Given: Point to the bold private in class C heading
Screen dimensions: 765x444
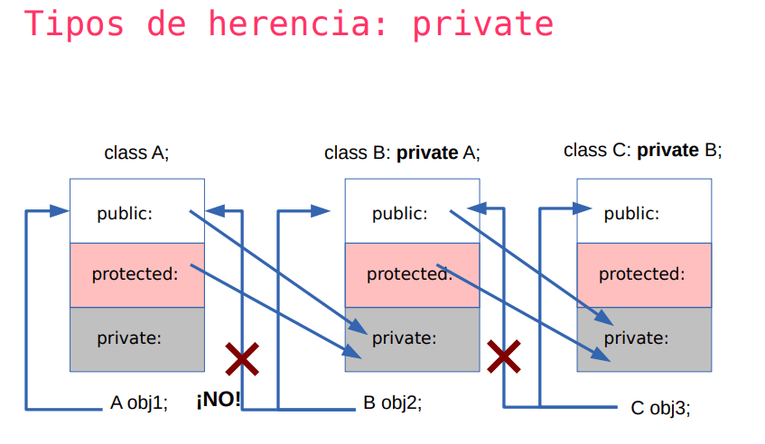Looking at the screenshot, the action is coord(667,150).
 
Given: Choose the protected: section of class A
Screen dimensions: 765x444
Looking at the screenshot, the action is coord(135,273).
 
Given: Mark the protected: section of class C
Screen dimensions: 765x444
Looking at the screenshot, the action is coord(641,273).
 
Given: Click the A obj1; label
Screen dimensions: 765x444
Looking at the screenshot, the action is coord(139,403).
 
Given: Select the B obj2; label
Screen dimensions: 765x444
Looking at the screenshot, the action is coord(392,403).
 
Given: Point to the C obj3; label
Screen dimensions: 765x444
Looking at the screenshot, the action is coord(660,408).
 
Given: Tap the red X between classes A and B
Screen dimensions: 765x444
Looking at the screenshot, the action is coord(241,358).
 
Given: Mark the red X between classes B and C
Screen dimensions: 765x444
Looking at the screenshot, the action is coord(504,356).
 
